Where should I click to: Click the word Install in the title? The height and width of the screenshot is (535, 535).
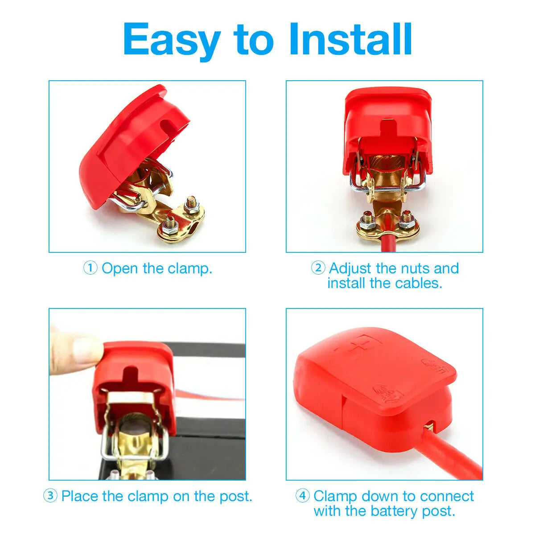351,39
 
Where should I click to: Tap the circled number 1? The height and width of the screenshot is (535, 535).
90,268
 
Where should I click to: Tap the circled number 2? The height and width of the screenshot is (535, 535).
318,268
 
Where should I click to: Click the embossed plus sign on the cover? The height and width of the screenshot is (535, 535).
361,346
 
